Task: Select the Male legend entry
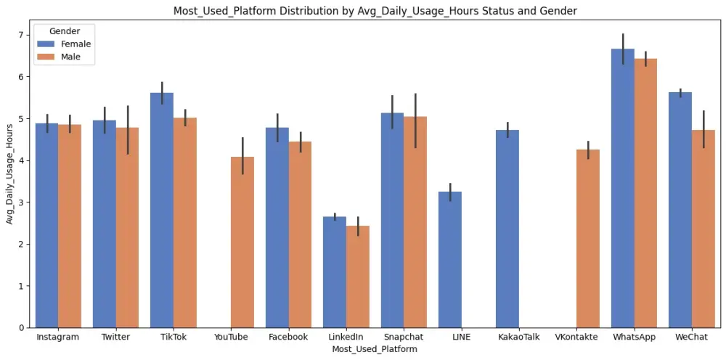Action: tap(70, 57)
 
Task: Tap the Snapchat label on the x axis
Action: tap(404, 337)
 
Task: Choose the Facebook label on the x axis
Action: tap(288, 337)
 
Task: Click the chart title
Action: tap(374, 11)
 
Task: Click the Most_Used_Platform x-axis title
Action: tap(374, 350)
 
